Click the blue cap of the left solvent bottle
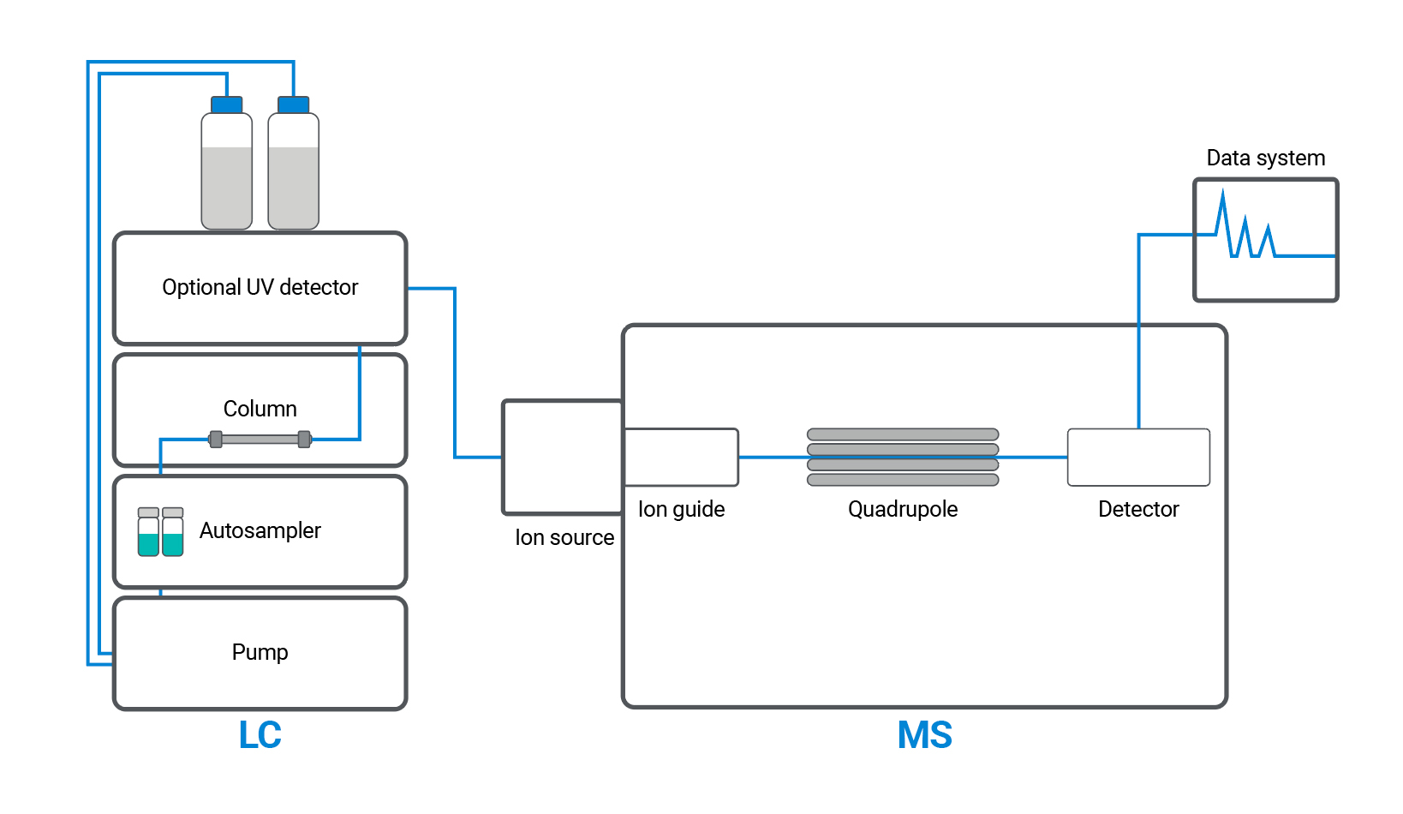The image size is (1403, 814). (x=227, y=105)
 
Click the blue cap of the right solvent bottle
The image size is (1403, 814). (x=294, y=105)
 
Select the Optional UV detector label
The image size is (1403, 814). (x=260, y=287)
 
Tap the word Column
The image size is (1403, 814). (x=260, y=409)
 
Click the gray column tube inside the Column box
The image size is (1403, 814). (x=260, y=440)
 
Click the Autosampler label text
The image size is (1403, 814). (x=260, y=530)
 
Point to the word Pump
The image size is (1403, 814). (x=260, y=652)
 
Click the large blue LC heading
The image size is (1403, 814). (x=260, y=735)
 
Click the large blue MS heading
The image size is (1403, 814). (x=924, y=735)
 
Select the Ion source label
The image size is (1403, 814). (x=564, y=537)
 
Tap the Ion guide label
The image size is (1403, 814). (x=681, y=509)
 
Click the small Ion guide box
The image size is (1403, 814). (x=681, y=457)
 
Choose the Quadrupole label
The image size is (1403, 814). (x=903, y=509)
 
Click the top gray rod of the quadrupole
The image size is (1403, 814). (x=903, y=434)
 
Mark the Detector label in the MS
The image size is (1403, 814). (x=1138, y=509)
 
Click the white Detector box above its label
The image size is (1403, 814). (x=1138, y=457)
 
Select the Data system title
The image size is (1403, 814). (x=1265, y=158)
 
